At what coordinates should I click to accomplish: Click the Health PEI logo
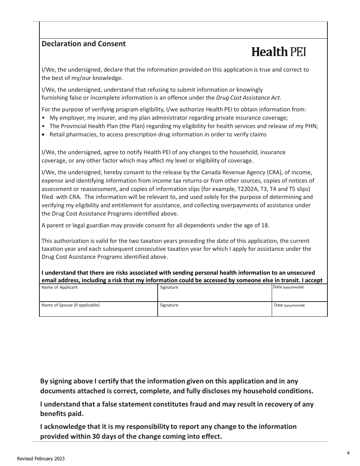point(279,52)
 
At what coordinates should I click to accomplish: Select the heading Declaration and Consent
point(83,44)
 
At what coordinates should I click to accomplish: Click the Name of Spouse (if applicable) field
point(98,310)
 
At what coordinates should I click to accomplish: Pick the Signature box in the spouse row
point(214,310)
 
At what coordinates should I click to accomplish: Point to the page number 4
point(348,453)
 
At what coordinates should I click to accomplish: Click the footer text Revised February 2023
point(41,459)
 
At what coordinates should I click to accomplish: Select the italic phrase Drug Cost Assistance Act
point(248,98)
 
